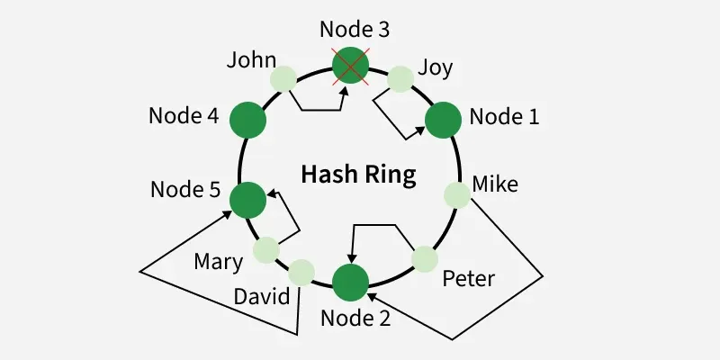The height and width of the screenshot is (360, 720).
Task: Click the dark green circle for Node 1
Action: click(x=443, y=120)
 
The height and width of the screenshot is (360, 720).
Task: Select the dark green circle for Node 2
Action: click(x=350, y=282)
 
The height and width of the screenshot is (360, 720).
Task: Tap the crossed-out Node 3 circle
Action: click(x=351, y=65)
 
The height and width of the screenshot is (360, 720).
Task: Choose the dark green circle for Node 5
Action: click(x=247, y=200)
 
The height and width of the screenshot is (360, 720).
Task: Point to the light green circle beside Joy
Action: click(x=400, y=79)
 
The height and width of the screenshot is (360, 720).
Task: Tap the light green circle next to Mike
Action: click(x=457, y=193)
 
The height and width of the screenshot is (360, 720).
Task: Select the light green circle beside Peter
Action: click(x=425, y=259)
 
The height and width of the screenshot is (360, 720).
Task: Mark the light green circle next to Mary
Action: click(x=267, y=249)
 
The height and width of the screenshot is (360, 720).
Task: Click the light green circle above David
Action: click(x=301, y=271)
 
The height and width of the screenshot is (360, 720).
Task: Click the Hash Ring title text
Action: click(x=358, y=174)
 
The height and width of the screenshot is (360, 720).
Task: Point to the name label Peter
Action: click(x=468, y=279)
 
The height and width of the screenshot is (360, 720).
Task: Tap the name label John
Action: click(x=251, y=60)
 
